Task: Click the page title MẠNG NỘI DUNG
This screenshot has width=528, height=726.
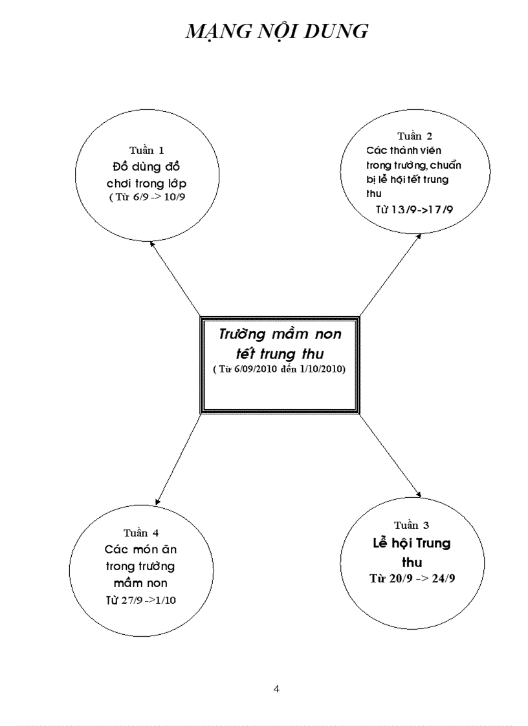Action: [x=276, y=31]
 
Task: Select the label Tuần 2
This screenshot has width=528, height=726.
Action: [x=414, y=136]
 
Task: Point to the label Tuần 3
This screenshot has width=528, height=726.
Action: [x=411, y=525]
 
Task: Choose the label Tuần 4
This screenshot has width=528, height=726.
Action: [x=141, y=533]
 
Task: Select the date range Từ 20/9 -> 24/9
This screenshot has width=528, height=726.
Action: [x=412, y=579]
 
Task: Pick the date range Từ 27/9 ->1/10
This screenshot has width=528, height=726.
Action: [x=141, y=600]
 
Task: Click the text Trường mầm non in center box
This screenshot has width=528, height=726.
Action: [x=280, y=335]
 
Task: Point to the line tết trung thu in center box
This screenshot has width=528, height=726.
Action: [x=280, y=354]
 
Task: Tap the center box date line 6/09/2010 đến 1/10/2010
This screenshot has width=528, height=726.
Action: [x=280, y=369]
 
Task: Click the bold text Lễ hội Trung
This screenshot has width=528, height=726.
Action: [x=412, y=543]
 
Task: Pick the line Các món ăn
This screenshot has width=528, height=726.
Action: [x=141, y=550]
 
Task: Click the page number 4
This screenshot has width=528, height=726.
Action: [x=277, y=689]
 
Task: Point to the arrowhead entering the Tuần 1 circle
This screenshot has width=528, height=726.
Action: [x=152, y=244]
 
